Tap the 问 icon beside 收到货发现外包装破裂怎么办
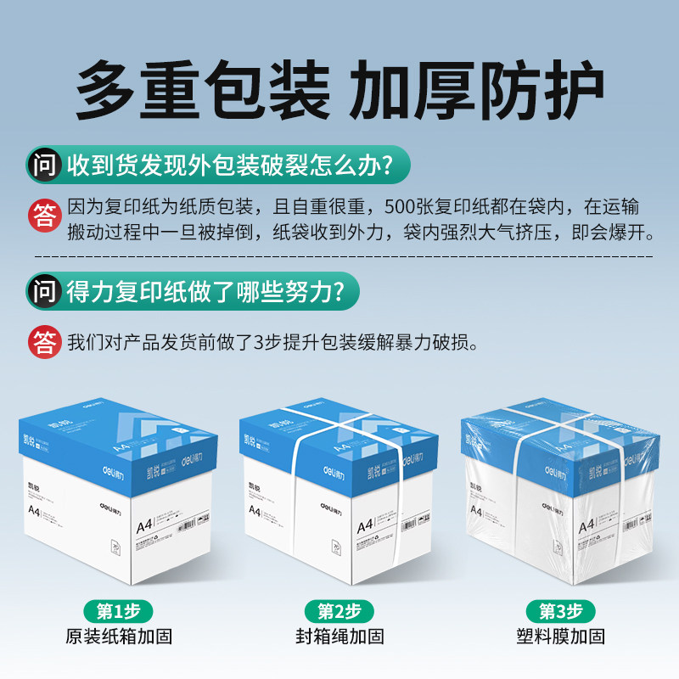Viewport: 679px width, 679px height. coord(44,163)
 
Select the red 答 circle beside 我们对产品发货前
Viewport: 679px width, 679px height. coord(44,343)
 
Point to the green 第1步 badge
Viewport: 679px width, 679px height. coord(118,610)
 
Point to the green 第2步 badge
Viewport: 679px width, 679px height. coord(339,610)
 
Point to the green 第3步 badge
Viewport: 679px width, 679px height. coord(560,610)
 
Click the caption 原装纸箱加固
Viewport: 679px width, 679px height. coord(118,637)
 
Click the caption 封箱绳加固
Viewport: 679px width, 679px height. coord(339,637)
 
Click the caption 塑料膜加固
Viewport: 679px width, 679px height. coord(560,637)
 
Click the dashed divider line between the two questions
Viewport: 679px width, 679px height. coord(339,254)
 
